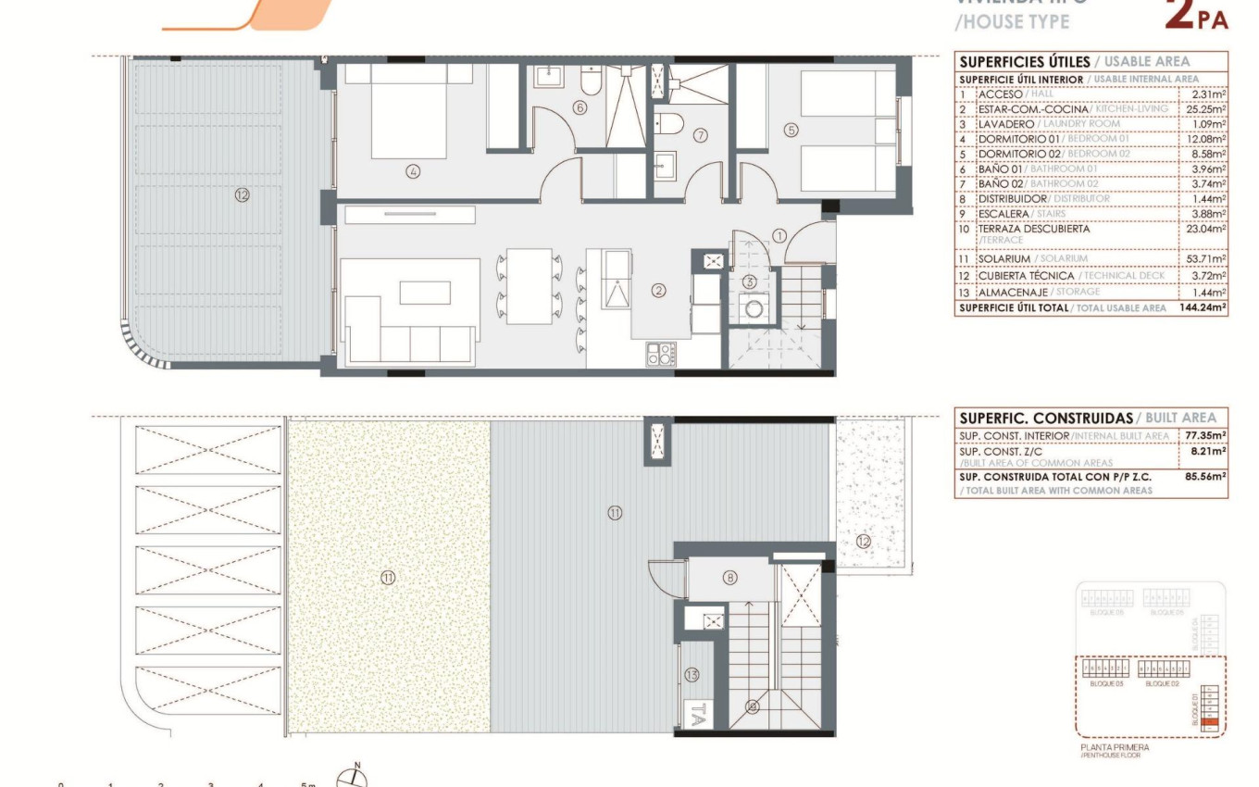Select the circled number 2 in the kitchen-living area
point(658,291)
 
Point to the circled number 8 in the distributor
point(730,578)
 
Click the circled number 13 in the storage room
point(693,675)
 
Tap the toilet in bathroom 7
point(668,122)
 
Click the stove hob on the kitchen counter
point(661,353)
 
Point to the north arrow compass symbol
point(353,779)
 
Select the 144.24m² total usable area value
point(1201,307)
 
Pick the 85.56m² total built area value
point(1204,476)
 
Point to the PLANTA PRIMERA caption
point(1115,747)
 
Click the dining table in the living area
point(530,286)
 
